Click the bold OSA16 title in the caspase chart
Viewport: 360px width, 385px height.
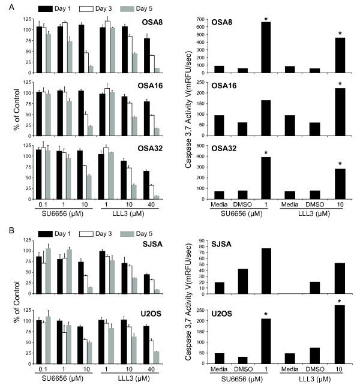215,87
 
